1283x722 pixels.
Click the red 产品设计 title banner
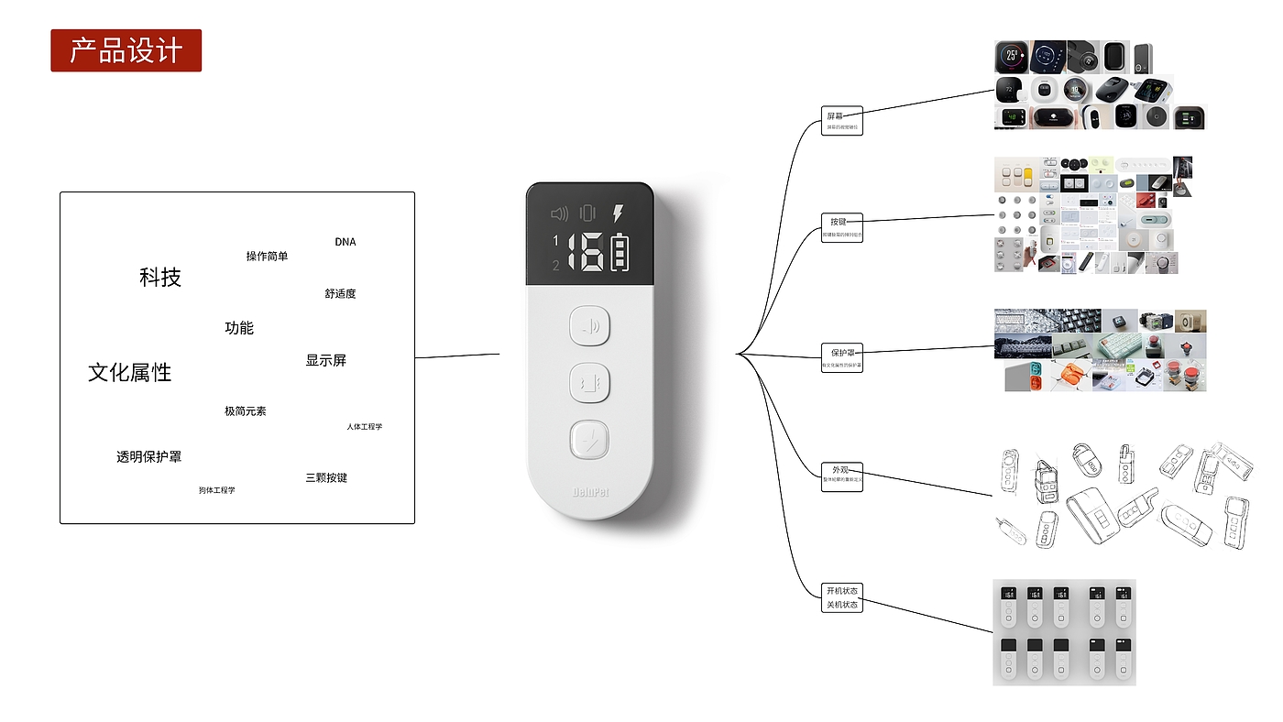coord(126,50)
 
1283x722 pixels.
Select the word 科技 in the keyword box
coord(160,278)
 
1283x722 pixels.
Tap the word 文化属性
coord(130,373)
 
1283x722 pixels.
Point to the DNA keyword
coord(345,242)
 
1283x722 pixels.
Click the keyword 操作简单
coord(267,257)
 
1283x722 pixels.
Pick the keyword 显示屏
coord(326,361)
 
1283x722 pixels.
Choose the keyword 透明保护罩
coord(148,456)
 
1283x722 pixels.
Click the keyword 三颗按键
coord(326,477)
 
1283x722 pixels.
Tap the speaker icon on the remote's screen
coord(559,213)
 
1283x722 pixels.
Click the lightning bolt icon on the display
coord(618,213)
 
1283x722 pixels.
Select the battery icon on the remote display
coord(620,253)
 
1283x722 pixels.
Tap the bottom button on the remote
coord(589,440)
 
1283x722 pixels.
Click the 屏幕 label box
coord(841,120)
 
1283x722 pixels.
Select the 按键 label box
coord(841,226)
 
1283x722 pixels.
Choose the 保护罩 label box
coord(841,356)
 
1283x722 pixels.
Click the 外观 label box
coord(841,476)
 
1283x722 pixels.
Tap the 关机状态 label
coord(841,605)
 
